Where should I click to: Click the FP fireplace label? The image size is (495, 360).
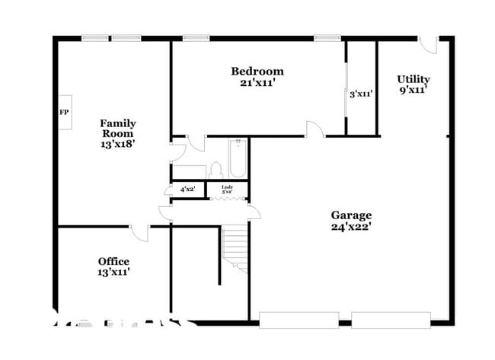(64, 113)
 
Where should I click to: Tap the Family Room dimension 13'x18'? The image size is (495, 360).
(118, 142)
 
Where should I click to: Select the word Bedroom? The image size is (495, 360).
(257, 72)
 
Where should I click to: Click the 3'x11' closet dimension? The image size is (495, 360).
(361, 94)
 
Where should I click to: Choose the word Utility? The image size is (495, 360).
(413, 79)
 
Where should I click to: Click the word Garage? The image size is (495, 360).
(351, 215)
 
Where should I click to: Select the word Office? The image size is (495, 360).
(113, 261)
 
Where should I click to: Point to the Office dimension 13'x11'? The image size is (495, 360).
(113, 272)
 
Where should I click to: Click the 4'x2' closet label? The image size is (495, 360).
(187, 189)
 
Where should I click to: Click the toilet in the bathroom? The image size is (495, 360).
(216, 169)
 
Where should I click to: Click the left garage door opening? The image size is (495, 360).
(299, 320)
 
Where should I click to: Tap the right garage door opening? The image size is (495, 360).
(391, 320)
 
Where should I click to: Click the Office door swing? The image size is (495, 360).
(139, 232)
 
